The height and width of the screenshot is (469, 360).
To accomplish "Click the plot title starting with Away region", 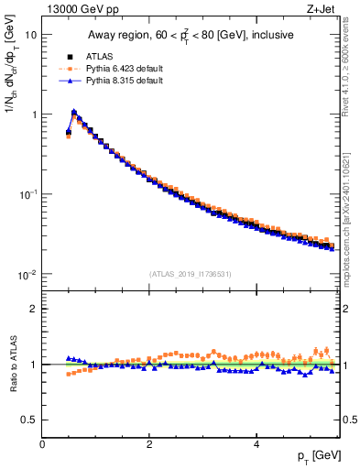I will coord(190,36).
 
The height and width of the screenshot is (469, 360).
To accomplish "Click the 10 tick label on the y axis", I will coord(30,35).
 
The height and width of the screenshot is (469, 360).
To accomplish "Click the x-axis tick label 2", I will coord(149,444).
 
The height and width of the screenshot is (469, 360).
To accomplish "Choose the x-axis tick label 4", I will coord(256,444).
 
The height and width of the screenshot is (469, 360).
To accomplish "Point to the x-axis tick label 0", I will coord(43,444).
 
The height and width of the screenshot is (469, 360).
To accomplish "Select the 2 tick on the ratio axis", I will coord(33,309).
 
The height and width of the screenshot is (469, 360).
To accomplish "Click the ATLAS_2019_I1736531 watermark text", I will coord(190,273).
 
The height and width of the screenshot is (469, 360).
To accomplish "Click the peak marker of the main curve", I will coord(74,113).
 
